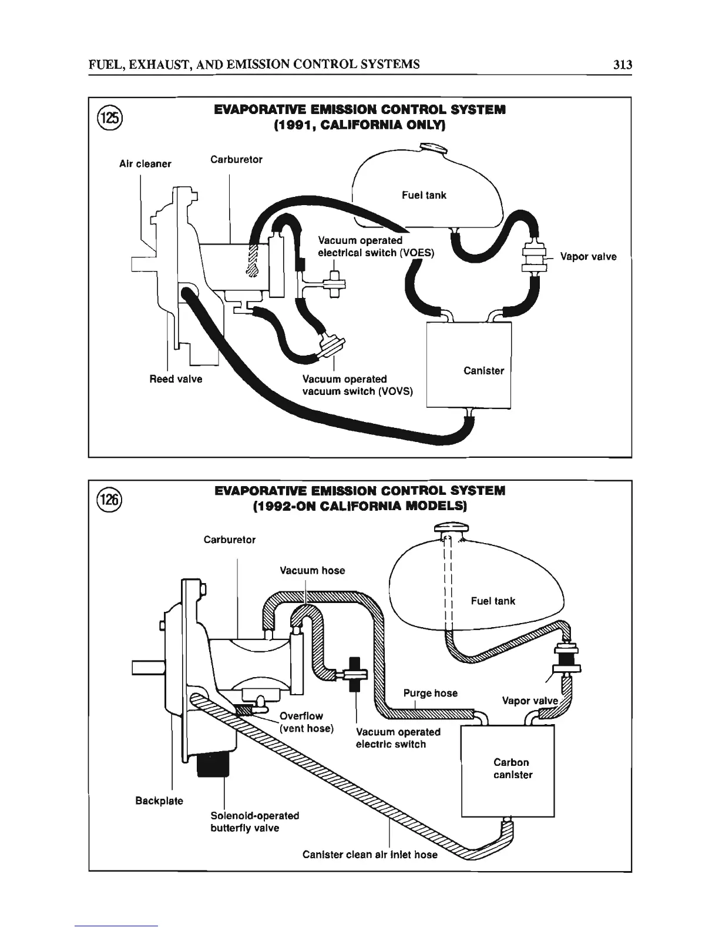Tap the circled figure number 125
point(110,116)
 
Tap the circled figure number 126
point(109,499)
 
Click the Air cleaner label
point(145,164)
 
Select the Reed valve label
point(176,379)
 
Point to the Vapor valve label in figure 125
point(588,257)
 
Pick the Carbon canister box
point(508,770)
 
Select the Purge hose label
point(430,693)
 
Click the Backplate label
point(159,801)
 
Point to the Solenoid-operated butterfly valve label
point(254,822)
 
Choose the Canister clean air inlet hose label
point(369,855)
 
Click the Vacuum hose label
point(312,570)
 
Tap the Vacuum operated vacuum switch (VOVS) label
point(358,385)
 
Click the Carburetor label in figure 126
point(229,540)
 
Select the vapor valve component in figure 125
point(534,257)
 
